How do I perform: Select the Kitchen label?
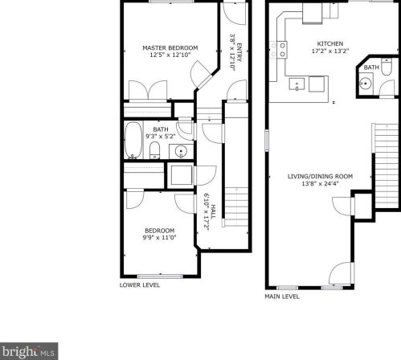click(330, 43)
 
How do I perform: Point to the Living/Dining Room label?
click(321, 176)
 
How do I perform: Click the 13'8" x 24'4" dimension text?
click(321, 184)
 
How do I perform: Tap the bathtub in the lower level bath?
click(133, 141)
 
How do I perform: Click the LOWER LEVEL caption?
click(140, 284)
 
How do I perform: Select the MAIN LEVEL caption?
click(282, 296)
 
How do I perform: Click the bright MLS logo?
click(29, 350)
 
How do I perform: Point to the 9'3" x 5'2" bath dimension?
click(161, 137)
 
